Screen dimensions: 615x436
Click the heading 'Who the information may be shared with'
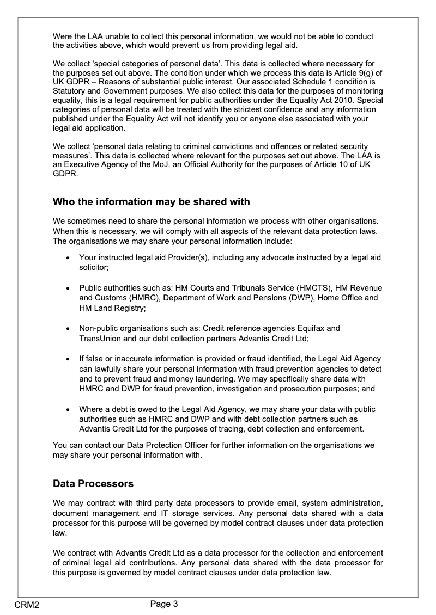coord(151,202)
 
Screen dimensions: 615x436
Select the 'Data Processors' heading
coord(93,483)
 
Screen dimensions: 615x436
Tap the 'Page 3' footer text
coord(164,603)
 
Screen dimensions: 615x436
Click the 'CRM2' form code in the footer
coord(27,605)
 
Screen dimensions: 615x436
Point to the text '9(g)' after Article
coord(361,73)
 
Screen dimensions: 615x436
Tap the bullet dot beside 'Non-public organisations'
coord(67,329)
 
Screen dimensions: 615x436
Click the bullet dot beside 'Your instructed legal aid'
coord(67,257)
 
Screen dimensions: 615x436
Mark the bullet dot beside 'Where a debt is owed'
coord(67,409)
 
